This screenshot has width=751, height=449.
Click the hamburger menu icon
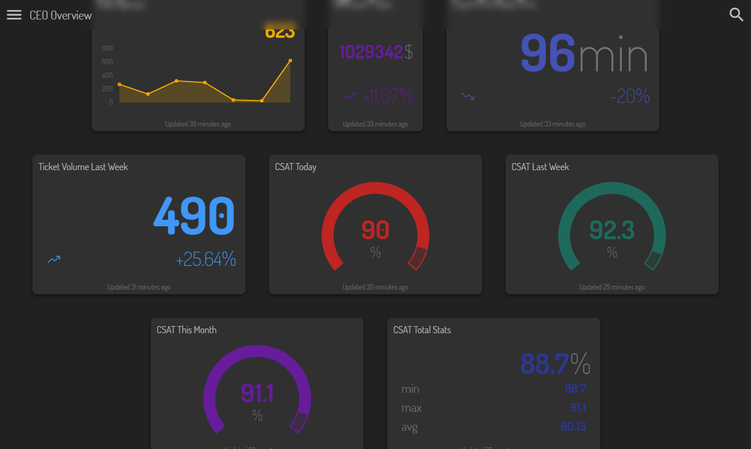[14, 15]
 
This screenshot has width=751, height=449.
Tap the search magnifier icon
[736, 15]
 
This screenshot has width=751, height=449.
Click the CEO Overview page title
[61, 15]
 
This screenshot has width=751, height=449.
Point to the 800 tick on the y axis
[107, 48]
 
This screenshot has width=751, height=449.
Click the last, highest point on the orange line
[290, 60]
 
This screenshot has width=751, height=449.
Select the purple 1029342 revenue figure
[371, 52]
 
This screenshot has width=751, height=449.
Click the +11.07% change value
[387, 96]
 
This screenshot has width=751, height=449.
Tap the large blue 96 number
[548, 53]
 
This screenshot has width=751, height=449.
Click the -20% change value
[629, 96]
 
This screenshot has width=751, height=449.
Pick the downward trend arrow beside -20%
[468, 96]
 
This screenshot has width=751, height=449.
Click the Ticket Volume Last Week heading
[83, 167]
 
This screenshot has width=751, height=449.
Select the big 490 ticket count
[194, 216]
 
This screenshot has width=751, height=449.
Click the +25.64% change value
[206, 259]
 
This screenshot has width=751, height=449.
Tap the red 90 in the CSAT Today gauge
[375, 230]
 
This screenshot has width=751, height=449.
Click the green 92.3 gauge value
[612, 230]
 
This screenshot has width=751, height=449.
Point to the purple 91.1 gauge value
[257, 393]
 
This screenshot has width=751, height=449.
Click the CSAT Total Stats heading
[422, 330]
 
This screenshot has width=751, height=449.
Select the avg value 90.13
[573, 427]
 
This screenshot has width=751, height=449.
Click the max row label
[412, 408]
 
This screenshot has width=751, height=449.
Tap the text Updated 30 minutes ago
[375, 287]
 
